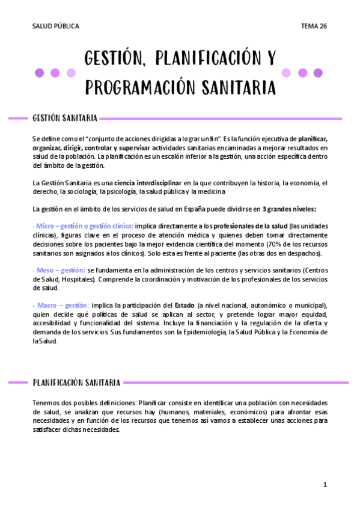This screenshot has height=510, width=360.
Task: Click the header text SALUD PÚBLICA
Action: pyautogui.click(x=55, y=26)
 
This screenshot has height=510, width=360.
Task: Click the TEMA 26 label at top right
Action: pyautogui.click(x=314, y=26)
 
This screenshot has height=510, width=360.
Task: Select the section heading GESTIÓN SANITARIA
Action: pyautogui.click(x=65, y=118)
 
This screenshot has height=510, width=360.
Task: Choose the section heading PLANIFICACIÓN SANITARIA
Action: pyautogui.click(x=76, y=382)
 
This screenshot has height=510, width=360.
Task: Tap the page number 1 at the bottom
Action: pyautogui.click(x=325, y=485)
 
